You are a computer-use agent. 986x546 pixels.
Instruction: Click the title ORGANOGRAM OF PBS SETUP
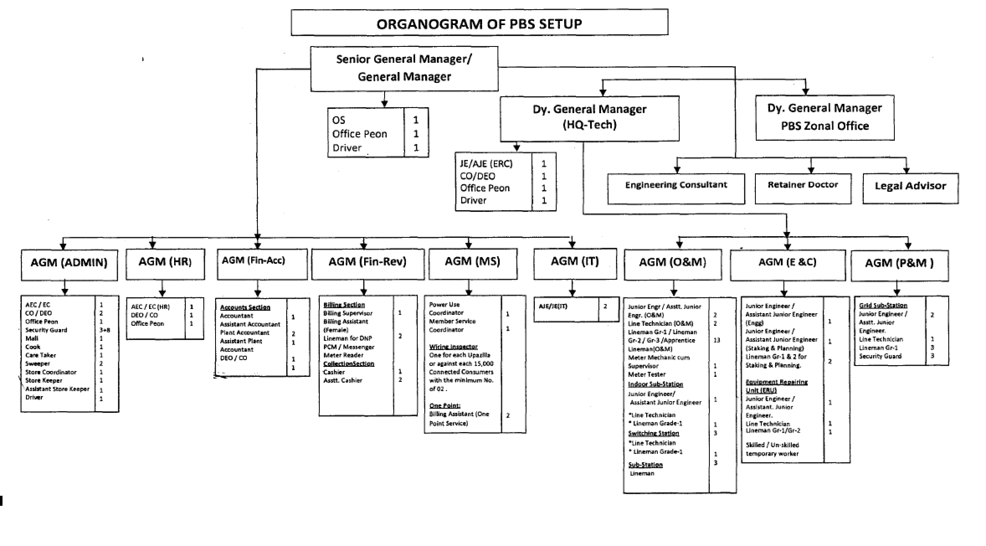[479, 23]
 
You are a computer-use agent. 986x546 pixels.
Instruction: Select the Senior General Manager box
[404, 68]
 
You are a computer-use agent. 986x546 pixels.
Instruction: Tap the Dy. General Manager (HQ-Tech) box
[589, 118]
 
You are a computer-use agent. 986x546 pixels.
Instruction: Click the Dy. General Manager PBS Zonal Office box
[824, 117]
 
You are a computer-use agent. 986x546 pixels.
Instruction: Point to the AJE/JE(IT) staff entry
[553, 306]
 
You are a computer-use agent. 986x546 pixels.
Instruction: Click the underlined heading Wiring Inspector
[453, 347]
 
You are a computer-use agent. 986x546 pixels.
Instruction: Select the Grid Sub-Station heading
[883, 306]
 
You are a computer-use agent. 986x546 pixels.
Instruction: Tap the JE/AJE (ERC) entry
[486, 164]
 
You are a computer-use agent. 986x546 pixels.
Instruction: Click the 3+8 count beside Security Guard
[105, 330]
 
